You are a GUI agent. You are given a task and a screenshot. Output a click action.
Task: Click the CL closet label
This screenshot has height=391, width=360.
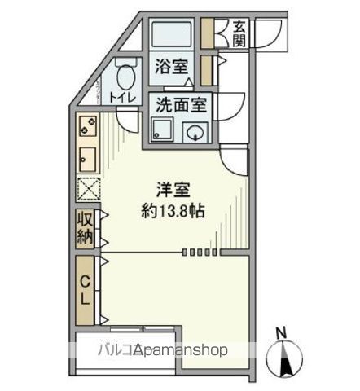(x=86, y=288)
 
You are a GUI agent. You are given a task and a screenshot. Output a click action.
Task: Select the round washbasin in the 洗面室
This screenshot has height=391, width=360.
(x=196, y=133)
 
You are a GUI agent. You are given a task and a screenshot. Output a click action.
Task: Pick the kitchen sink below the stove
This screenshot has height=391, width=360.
(x=88, y=156)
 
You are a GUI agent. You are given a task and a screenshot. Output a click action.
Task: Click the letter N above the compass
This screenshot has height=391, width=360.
(x=281, y=332)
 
